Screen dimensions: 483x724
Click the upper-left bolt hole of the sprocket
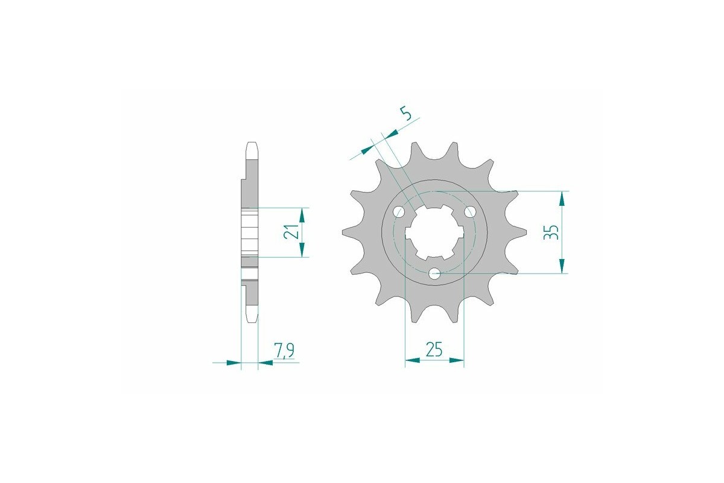(x=398, y=212)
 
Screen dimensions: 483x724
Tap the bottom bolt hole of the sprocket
(x=434, y=273)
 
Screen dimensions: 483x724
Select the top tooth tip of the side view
(x=252, y=146)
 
